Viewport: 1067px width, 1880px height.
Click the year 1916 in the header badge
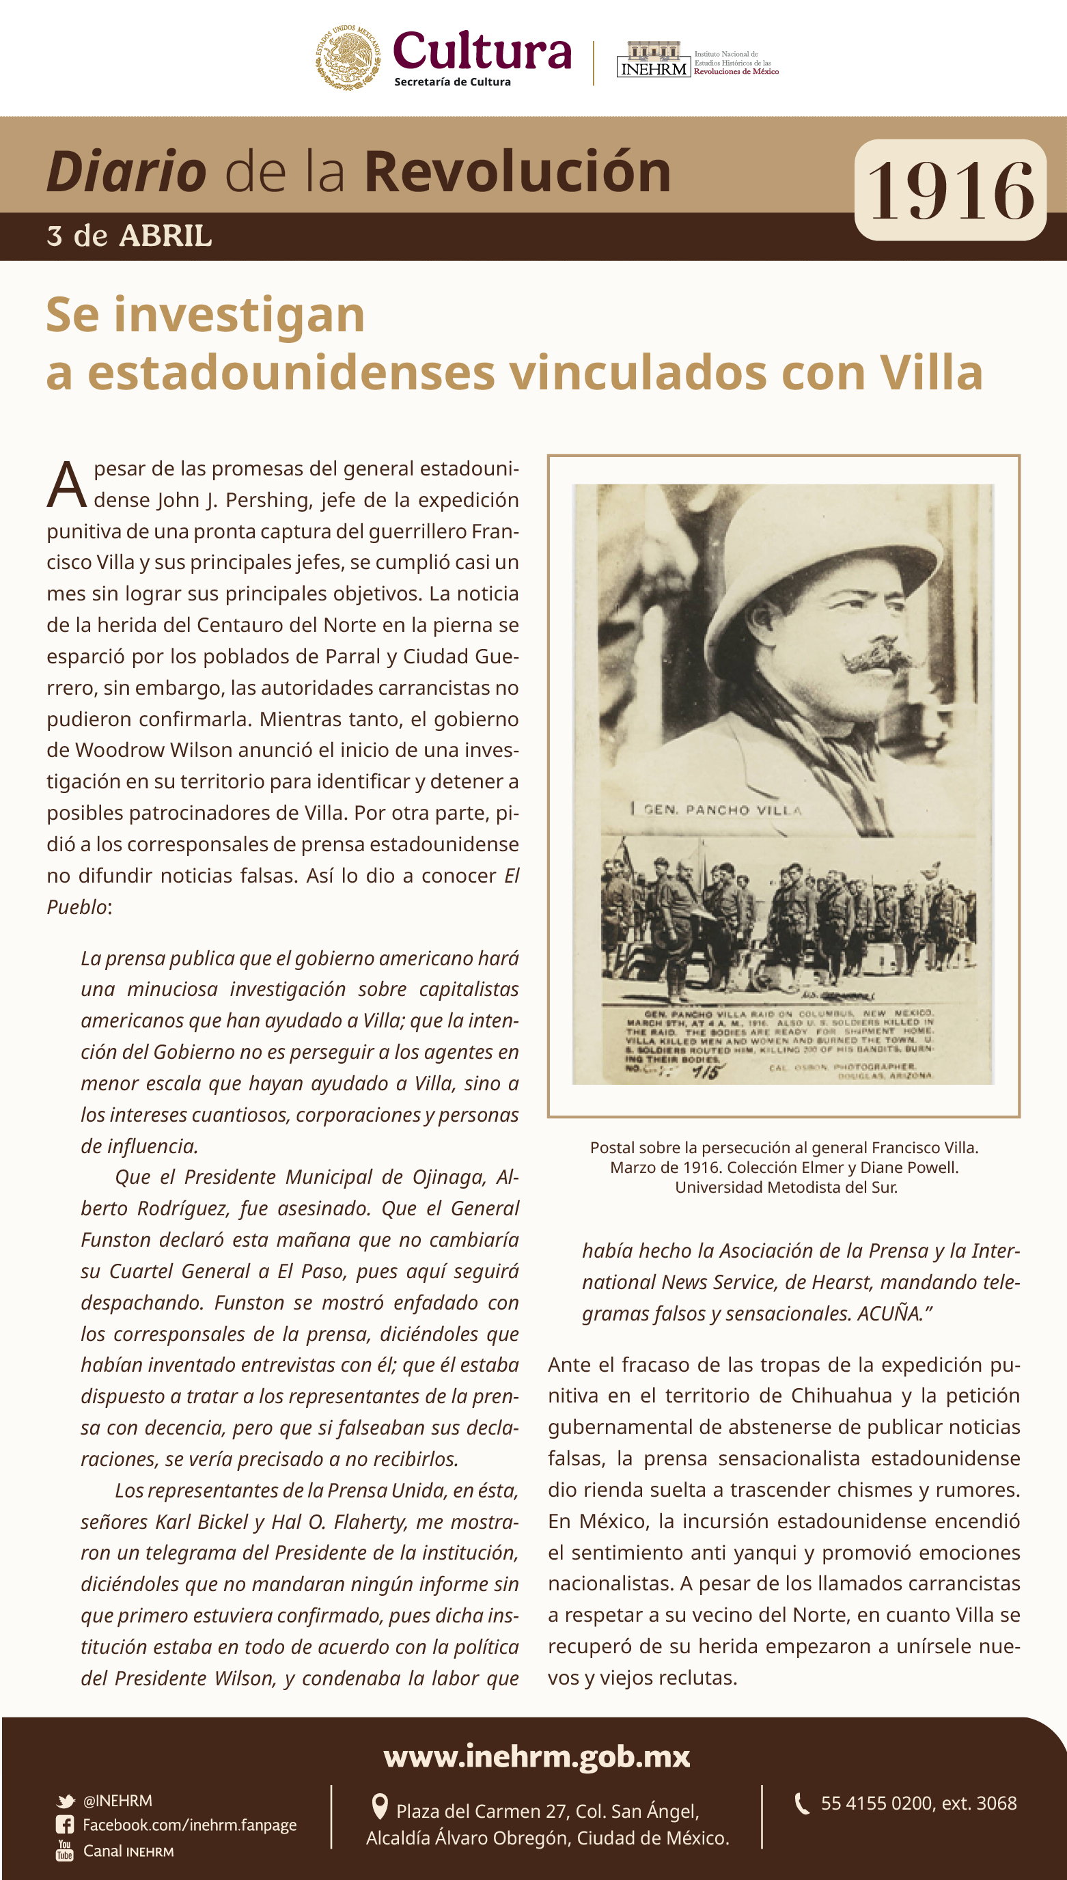pos(950,191)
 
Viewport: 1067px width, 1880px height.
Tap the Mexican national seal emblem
pos(348,57)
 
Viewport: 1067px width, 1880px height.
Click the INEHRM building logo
pos(654,59)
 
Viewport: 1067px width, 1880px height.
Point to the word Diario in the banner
pos(126,171)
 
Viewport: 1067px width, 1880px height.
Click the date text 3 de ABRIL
pos(129,236)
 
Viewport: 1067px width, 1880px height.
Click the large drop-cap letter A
pos(67,484)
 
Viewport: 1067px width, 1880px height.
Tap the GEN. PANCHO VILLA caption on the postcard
pos(722,810)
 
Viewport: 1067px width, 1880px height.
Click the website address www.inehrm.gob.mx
pos(536,1757)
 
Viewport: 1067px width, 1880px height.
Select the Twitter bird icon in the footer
pos(66,1801)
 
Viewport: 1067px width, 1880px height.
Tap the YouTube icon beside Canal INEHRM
pos(64,1851)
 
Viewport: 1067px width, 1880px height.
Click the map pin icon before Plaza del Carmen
pos(380,1807)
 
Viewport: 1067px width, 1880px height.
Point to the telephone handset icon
pos(803,1803)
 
